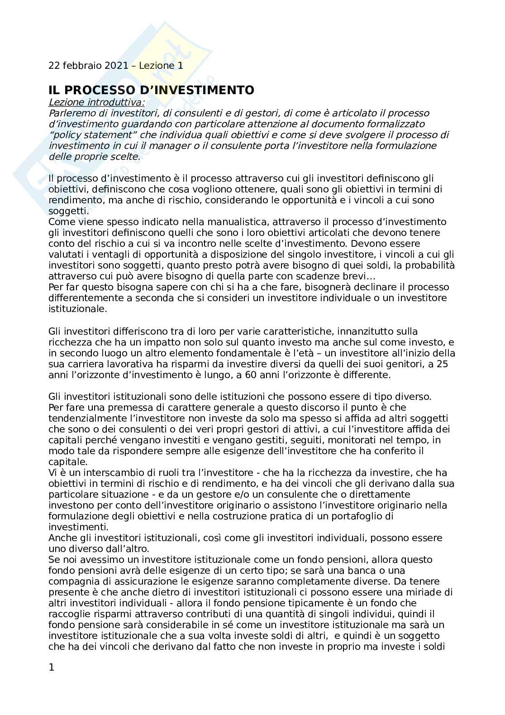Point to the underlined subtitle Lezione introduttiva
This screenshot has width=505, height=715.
(x=97, y=102)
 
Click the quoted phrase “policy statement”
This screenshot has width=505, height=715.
(x=93, y=135)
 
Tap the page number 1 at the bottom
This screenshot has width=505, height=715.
(x=51, y=667)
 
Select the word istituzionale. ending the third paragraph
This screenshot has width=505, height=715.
(x=78, y=309)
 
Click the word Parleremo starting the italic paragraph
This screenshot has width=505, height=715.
(x=70, y=113)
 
